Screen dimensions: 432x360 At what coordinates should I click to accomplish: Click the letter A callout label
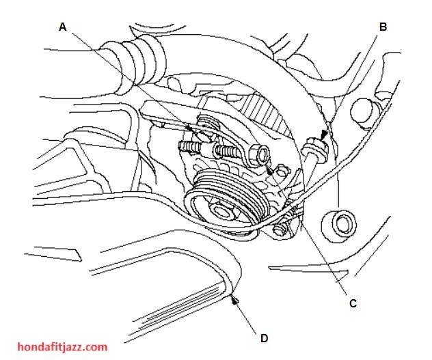[x=63, y=27]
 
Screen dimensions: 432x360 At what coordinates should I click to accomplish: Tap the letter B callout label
[x=383, y=27]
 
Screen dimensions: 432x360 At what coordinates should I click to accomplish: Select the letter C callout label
[x=353, y=303]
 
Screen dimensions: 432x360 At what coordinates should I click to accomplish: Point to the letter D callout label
[x=264, y=338]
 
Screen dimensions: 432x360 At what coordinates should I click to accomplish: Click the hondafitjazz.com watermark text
[x=62, y=347]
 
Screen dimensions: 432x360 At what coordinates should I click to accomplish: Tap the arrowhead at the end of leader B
[x=324, y=135]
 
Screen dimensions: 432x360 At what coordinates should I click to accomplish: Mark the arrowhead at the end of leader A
[x=190, y=128]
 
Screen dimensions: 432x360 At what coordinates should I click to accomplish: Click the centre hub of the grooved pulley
[x=220, y=210]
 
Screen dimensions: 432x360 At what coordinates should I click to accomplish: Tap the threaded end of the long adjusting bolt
[x=187, y=146]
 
